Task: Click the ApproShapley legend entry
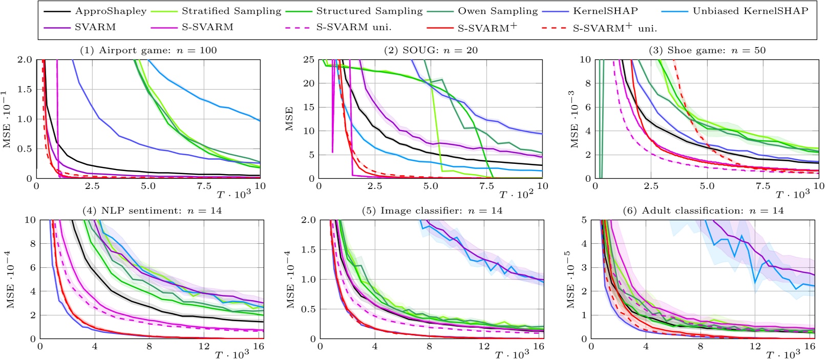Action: click(x=111, y=11)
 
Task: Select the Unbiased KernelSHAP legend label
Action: click(x=750, y=11)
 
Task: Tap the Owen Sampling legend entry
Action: click(x=498, y=11)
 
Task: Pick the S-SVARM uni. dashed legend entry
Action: click(x=353, y=27)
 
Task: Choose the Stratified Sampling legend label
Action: click(x=231, y=11)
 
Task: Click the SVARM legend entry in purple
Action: click(x=95, y=27)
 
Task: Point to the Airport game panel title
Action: click(x=148, y=50)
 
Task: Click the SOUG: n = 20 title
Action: click(x=431, y=50)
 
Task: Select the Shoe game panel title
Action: click(x=707, y=50)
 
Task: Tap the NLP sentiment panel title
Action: click(x=152, y=210)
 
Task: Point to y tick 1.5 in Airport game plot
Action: click(x=25, y=90)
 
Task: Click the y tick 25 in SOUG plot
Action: click(x=308, y=60)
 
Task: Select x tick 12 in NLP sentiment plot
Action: click(x=204, y=347)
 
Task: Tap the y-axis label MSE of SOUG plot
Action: click(x=289, y=119)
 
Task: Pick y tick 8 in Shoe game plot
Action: click(x=588, y=83)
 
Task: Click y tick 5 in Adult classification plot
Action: click(x=584, y=220)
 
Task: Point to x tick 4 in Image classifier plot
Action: click(x=375, y=347)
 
